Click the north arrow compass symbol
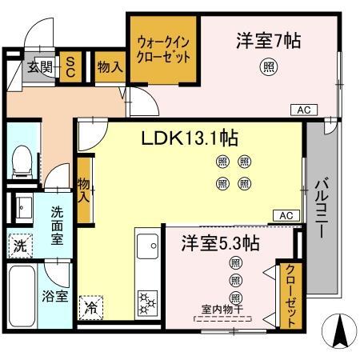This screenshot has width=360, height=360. (339, 330)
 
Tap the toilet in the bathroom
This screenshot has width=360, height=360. (22, 162)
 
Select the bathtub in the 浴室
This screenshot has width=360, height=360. (22, 296)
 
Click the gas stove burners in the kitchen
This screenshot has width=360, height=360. (147, 303)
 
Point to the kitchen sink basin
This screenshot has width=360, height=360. (147, 246)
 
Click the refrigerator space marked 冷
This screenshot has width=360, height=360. (91, 307)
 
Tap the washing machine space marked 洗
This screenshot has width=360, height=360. (21, 246)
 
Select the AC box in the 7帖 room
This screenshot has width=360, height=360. (304, 110)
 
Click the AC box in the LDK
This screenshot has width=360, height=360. (286, 215)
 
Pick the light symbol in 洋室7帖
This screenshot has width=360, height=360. (269, 66)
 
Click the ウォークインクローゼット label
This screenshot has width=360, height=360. (163, 50)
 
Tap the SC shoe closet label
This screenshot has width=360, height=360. (70, 67)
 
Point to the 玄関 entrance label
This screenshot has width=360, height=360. (40, 67)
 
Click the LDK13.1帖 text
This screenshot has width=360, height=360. (190, 138)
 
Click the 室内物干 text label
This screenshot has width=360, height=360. (222, 309)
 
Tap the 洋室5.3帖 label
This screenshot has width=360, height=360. (220, 243)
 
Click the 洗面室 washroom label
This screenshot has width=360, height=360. (57, 226)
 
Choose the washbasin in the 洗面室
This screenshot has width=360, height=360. (24, 208)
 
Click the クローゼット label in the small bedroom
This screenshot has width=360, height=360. (290, 296)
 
